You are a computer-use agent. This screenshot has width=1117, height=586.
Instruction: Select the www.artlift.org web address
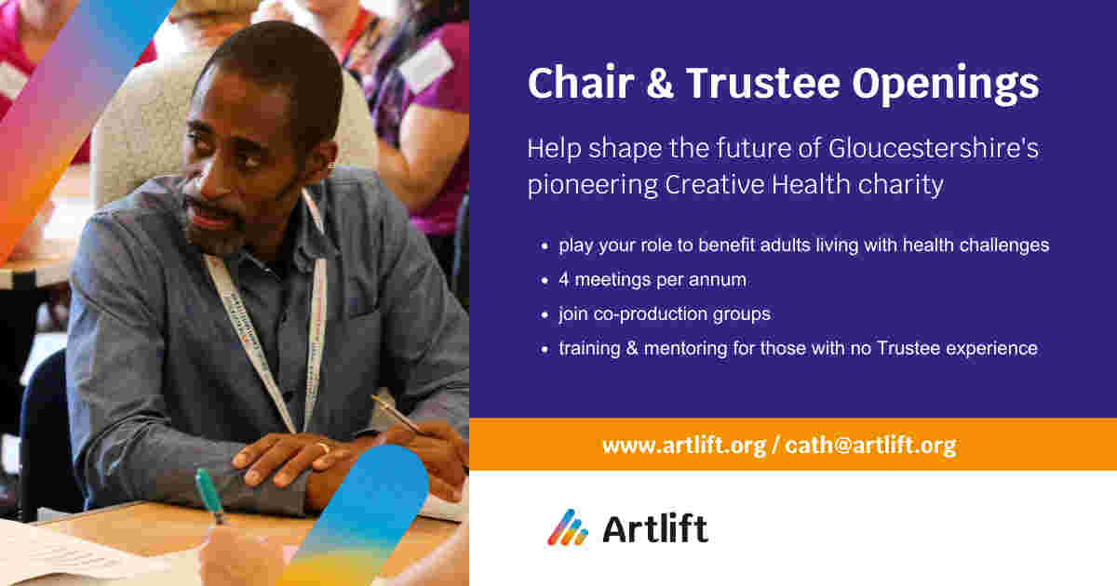click(x=683, y=446)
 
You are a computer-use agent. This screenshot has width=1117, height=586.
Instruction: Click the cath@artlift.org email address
click(x=869, y=446)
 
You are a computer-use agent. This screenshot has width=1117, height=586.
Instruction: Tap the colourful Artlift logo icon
click(x=567, y=527)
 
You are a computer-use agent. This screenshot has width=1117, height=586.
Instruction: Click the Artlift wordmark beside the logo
click(x=654, y=528)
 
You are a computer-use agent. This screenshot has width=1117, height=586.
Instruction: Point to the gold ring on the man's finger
click(x=322, y=448)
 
